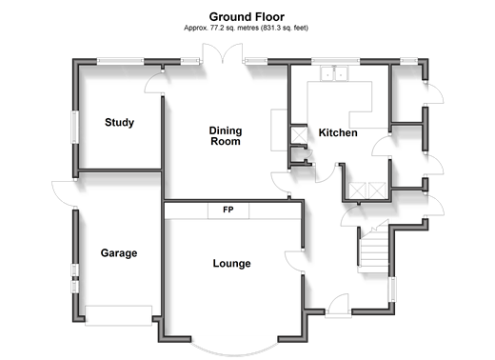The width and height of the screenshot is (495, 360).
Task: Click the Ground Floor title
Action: coord(247,17)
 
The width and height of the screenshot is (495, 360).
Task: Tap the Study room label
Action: coord(119,123)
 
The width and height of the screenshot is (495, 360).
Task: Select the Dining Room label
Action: coord(226,136)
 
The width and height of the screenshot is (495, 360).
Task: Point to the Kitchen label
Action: coord(338,132)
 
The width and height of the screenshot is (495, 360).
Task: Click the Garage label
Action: coord(119,253)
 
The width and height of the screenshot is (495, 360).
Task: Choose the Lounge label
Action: coord(231,264)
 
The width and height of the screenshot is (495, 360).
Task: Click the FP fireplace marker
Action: coord(228,210)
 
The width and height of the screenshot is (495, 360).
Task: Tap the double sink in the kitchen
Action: coord(334,73)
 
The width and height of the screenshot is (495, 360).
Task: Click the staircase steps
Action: coord(374,250)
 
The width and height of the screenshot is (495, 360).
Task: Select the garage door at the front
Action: coord(118,315)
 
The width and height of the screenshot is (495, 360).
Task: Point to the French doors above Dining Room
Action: coord(223,53)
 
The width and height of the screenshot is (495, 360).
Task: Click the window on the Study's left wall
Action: coord(75,127)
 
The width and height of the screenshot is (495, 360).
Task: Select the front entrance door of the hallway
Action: coord(339,306)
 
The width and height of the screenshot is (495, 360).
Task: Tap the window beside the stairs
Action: coord(392,290)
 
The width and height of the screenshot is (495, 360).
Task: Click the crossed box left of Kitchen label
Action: coord(299,135)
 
